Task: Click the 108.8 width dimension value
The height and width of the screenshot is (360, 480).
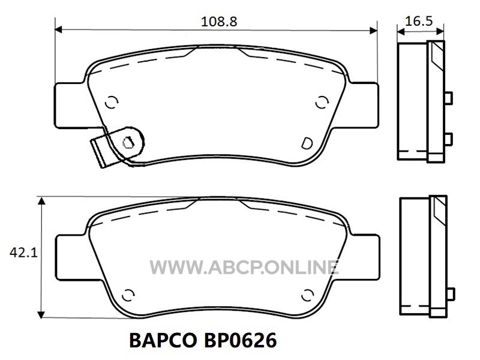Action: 219,22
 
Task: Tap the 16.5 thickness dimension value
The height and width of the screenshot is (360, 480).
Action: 419,21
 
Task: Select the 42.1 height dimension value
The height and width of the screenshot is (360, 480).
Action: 23,253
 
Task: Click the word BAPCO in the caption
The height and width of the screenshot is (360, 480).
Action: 163,340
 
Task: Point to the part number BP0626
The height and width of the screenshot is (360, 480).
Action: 240,340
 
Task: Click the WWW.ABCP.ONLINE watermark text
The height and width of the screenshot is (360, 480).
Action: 244,267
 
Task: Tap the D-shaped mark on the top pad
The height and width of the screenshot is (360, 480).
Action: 307,143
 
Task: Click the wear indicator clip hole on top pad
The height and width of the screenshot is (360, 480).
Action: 128,142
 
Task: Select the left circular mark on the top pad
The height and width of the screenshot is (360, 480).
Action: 112,102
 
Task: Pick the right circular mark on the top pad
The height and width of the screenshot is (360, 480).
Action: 322,102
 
